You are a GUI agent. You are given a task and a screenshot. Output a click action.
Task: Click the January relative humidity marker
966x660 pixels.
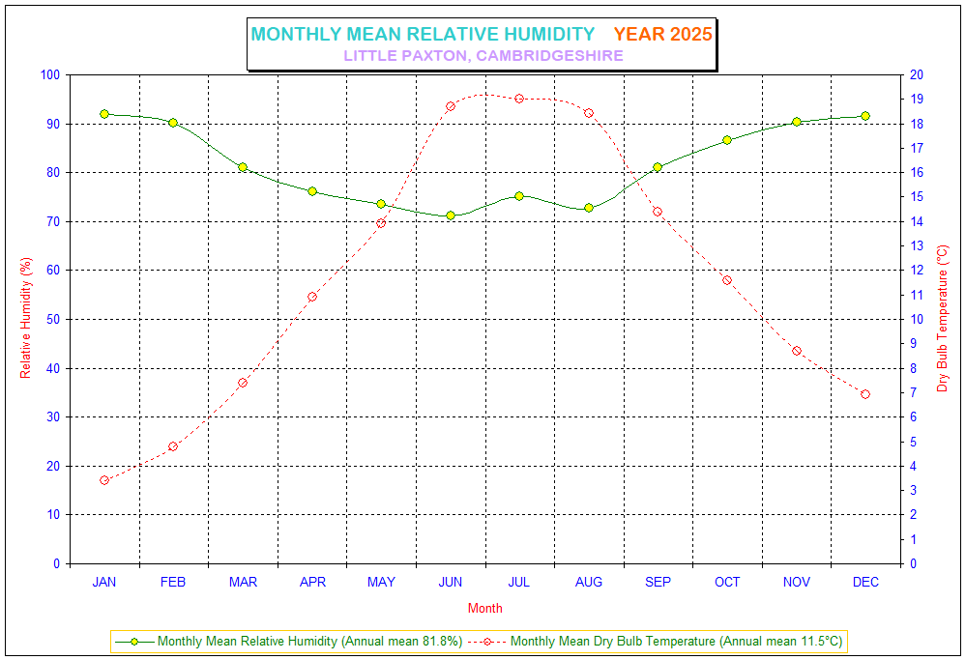(x=104, y=114)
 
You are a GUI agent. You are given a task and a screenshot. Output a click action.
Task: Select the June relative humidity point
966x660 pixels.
(x=451, y=215)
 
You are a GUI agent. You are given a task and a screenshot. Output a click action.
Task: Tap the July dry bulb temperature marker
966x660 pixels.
(x=519, y=99)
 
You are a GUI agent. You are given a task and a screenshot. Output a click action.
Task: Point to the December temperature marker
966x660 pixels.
(x=865, y=394)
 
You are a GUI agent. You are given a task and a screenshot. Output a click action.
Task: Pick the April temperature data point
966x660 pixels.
(x=312, y=297)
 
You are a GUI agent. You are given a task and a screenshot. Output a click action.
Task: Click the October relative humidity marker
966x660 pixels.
(x=727, y=140)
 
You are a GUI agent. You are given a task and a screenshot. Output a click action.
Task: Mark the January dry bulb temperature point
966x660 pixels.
(x=104, y=480)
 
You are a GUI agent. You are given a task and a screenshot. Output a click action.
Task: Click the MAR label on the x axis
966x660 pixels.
(x=243, y=582)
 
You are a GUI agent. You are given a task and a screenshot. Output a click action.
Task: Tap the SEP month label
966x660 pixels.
(x=658, y=582)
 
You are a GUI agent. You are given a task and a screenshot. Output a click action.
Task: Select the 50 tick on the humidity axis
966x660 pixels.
(x=51, y=319)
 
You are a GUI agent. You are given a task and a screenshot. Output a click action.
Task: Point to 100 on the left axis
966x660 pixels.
(x=48, y=75)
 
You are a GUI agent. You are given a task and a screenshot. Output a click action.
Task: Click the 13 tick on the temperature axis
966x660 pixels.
(x=915, y=245)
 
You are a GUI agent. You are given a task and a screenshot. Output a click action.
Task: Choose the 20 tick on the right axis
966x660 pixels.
(x=915, y=75)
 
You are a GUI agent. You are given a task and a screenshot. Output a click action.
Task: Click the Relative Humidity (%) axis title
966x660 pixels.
(x=26, y=319)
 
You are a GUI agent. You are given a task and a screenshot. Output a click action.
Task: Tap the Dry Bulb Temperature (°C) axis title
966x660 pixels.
(x=943, y=319)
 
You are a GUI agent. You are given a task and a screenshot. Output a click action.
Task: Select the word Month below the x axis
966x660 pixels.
(x=484, y=609)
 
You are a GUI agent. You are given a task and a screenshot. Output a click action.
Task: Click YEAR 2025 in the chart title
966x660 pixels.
(x=662, y=34)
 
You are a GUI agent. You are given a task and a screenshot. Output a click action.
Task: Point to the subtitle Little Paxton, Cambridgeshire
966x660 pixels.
(x=483, y=56)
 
